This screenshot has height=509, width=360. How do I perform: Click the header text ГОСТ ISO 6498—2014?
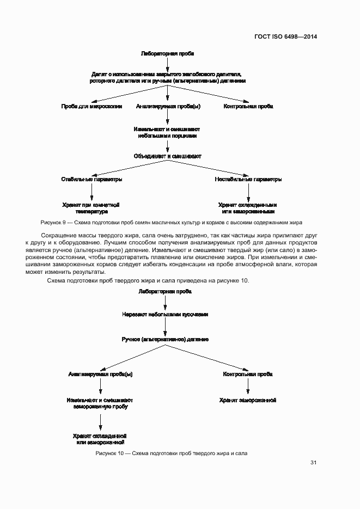(x=285, y=37)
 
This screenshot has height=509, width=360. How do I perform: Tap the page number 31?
(x=313, y=463)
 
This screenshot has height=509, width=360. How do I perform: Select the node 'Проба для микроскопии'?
(x=91, y=106)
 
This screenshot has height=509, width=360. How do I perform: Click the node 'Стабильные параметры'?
(x=91, y=179)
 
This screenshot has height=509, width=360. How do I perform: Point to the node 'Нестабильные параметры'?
(x=248, y=179)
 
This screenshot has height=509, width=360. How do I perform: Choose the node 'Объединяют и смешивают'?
(x=168, y=156)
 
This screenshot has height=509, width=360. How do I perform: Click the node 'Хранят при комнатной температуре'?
(x=91, y=208)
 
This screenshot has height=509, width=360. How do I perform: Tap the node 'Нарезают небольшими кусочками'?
(x=165, y=314)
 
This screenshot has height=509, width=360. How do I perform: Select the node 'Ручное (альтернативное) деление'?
(x=165, y=339)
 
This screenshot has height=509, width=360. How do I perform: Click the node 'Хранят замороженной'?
(x=248, y=400)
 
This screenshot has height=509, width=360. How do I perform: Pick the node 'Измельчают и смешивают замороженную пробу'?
(x=100, y=403)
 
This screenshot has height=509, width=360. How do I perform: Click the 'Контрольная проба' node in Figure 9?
(x=248, y=106)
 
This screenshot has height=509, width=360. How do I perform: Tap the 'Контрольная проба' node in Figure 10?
(x=248, y=375)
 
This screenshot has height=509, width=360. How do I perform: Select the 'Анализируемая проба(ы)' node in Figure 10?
(x=100, y=375)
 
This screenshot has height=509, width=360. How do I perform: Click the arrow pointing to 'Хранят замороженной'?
(x=248, y=387)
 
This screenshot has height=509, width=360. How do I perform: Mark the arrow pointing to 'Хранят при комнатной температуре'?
(x=91, y=192)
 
